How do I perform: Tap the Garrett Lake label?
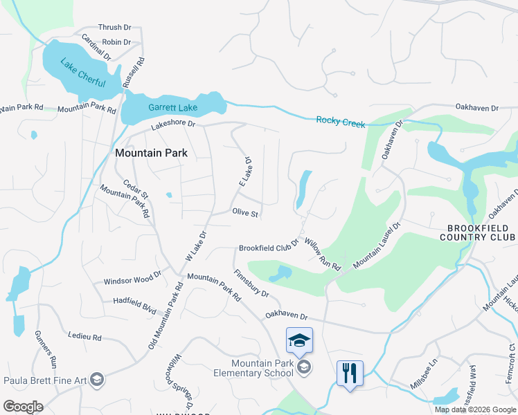click(x=172, y=108)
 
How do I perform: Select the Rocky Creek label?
click(x=340, y=121)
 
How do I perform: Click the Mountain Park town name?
click(x=151, y=153)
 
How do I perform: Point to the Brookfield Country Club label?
click(x=479, y=232)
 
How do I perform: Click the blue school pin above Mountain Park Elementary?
click(x=299, y=341)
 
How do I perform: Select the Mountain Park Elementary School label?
click(x=262, y=369)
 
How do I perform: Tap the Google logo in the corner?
click(x=22, y=407)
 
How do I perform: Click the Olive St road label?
click(x=245, y=214)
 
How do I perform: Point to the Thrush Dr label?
click(x=114, y=28)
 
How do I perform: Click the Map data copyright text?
click(x=474, y=409)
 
